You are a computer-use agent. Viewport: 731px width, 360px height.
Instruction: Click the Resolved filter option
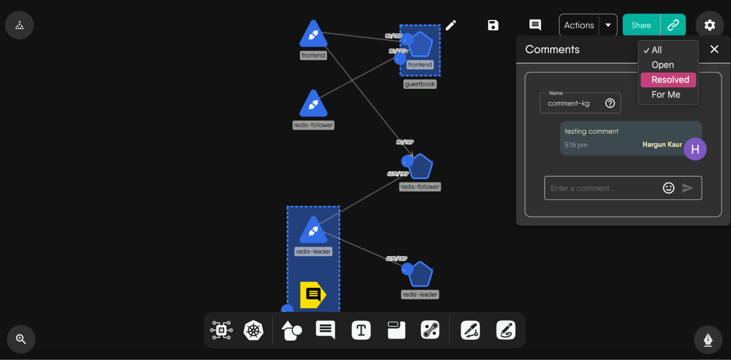(x=670, y=80)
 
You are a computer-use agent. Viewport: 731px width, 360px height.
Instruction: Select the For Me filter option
(x=666, y=95)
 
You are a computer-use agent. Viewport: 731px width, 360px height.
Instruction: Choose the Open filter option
(x=662, y=65)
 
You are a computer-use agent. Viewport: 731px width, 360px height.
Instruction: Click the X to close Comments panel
(x=714, y=49)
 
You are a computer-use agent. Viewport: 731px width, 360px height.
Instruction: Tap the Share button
(x=641, y=25)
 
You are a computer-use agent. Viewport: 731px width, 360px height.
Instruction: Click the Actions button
(x=579, y=25)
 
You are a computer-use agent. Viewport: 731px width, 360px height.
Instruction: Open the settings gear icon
(x=709, y=25)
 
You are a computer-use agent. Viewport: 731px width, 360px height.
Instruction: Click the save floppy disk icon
(x=493, y=25)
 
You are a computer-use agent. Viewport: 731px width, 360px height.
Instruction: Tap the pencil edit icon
(x=451, y=25)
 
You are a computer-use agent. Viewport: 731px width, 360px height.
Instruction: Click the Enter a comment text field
(x=602, y=188)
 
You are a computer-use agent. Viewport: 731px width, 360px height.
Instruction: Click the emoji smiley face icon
(x=668, y=188)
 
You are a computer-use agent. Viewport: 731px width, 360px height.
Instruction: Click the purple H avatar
(x=695, y=149)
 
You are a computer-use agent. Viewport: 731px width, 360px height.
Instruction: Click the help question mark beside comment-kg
(x=610, y=103)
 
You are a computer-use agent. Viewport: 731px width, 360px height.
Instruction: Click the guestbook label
(x=420, y=84)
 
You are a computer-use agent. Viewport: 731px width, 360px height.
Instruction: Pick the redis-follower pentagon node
(x=421, y=167)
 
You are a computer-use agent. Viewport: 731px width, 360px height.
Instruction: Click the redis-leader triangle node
(x=313, y=231)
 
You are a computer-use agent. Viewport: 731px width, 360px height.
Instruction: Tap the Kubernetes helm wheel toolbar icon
(x=253, y=330)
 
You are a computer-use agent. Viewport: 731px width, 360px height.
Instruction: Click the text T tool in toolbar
(x=361, y=330)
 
